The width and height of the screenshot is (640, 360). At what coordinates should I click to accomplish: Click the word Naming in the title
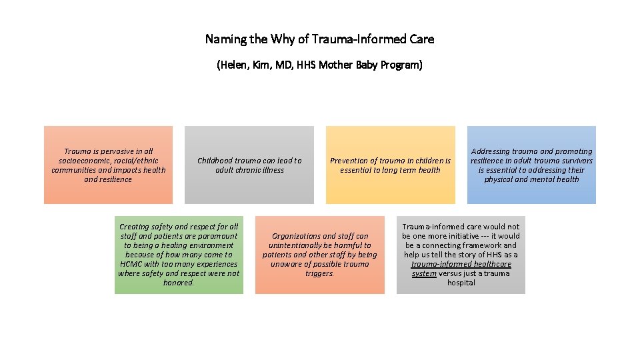pos(225,39)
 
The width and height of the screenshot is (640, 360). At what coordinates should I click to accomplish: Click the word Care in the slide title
pos(421,39)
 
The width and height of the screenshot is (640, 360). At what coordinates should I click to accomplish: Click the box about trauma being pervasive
pos(108,165)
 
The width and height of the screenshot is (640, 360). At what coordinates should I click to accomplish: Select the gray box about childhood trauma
pos(249,165)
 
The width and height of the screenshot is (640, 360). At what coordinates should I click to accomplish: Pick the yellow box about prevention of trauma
pos(390,165)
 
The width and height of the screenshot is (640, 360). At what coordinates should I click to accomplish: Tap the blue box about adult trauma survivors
pos(531,165)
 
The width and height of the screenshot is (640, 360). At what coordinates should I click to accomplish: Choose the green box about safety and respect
pos(179,255)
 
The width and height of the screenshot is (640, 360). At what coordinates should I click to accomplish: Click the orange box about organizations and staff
pos(319,255)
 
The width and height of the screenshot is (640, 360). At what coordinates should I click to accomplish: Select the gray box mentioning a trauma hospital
pos(461,255)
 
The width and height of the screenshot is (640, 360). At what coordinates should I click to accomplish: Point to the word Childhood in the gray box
pos(216,161)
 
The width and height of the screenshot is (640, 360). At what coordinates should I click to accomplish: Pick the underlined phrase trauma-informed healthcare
pos(461,264)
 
